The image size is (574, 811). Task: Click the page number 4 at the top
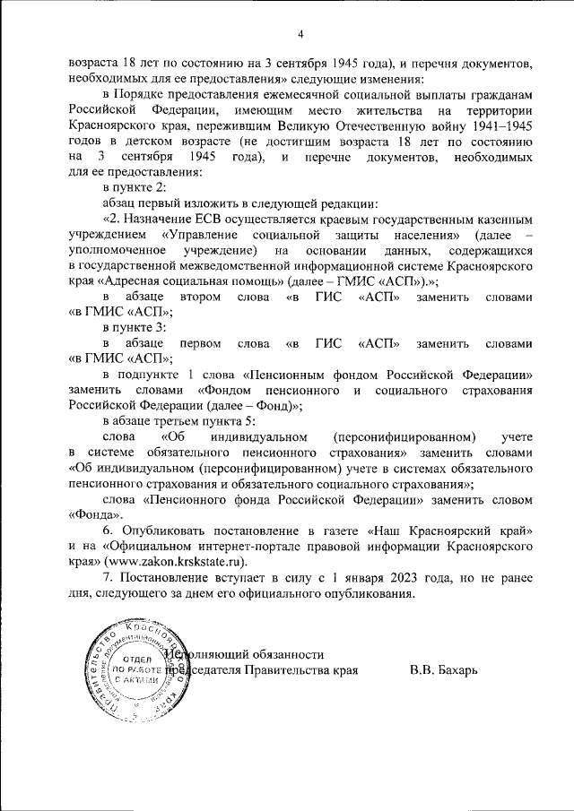[300, 35]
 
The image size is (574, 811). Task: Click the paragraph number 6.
[108, 531]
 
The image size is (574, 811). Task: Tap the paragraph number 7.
[108, 578]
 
